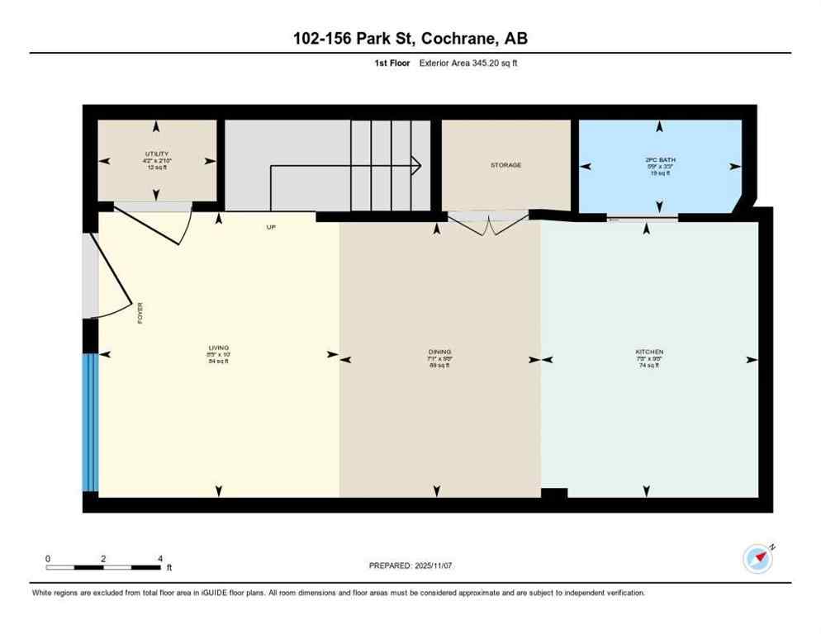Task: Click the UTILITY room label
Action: click(157, 154)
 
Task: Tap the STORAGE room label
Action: click(505, 165)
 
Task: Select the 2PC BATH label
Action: click(658, 158)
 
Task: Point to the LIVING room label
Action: click(218, 348)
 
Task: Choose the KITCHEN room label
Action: click(649, 352)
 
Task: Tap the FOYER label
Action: click(140, 313)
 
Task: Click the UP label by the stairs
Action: click(270, 227)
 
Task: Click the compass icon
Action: click(757, 559)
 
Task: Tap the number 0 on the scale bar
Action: click(48, 559)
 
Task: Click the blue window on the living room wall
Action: click(90, 422)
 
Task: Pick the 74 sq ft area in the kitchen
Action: click(649, 365)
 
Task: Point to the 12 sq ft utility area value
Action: click(157, 168)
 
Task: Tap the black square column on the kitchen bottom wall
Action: click(554, 494)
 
